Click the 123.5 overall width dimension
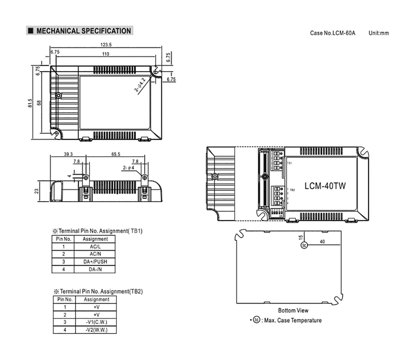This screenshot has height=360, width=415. point(105,45)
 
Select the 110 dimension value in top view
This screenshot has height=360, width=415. point(105,54)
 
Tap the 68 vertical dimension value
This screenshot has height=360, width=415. point(39,103)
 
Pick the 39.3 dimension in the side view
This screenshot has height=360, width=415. point(68,154)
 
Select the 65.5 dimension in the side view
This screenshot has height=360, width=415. point(116,154)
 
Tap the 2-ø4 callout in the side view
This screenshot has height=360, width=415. point(128,168)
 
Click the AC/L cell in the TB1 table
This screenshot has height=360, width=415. point(95,247)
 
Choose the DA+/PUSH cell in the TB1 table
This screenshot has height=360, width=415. point(95,262)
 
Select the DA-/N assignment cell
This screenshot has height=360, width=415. point(95,269)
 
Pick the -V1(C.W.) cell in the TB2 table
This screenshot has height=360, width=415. point(96,322)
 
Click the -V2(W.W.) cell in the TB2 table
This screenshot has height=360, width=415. point(96,330)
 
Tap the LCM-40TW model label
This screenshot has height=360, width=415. point(325,186)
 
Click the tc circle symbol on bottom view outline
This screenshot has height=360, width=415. point(304,245)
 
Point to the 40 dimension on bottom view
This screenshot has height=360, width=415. point(322,242)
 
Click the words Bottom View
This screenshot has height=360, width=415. point(293,310)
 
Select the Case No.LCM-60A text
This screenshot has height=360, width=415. point(333,33)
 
